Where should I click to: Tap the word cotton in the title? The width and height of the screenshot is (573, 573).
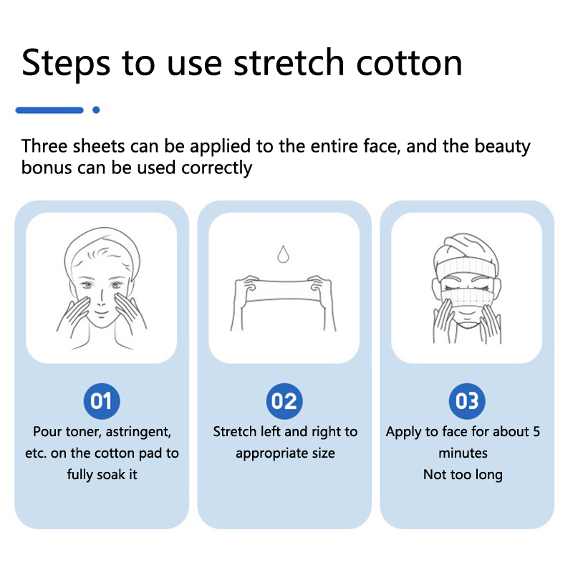pos(409,63)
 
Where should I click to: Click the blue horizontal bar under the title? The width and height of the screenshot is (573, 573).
pos(49,110)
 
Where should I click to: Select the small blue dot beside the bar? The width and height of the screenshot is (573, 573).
pos(96,110)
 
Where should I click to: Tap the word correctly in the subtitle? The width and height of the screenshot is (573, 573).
pos(216,168)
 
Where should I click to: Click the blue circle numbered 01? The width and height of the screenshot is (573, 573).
pos(102,401)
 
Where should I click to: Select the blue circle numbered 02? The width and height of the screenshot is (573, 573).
pos(284,401)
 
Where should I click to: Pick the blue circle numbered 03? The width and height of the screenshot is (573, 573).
pos(467,401)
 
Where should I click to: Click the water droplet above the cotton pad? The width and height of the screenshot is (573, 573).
pos(283,254)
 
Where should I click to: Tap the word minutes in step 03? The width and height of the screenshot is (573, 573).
pos(463,453)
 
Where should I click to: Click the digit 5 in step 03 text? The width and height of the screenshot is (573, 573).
pos(536,432)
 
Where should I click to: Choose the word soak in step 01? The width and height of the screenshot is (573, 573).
pos(110,475)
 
